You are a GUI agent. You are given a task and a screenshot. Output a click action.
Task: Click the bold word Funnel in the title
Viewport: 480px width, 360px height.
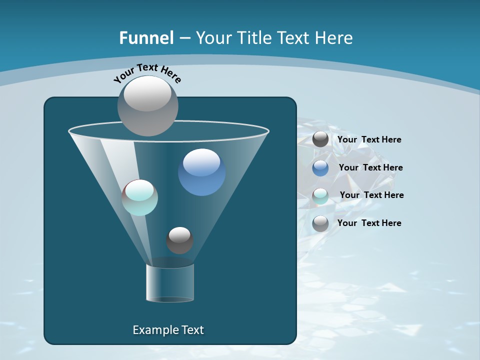[x=146, y=38]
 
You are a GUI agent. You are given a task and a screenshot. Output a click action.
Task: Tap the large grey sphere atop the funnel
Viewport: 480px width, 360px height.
[x=148, y=105]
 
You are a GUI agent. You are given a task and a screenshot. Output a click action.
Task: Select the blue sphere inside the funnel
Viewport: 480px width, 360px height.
[x=201, y=172]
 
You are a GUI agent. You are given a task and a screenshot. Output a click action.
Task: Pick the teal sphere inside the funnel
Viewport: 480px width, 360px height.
[x=140, y=197]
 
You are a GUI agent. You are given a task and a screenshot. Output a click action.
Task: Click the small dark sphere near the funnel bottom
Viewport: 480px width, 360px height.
[x=179, y=240]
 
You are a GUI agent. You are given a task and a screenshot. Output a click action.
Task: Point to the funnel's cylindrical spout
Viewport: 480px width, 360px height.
[x=170, y=282]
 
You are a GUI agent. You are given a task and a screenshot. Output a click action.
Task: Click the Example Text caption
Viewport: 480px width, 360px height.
[x=168, y=330]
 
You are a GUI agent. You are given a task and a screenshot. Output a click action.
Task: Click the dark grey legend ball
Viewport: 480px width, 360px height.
[x=320, y=139]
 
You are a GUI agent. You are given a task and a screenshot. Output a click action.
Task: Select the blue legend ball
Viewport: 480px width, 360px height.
[x=320, y=168]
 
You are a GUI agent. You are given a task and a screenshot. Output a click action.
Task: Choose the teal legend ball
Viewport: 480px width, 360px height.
[x=320, y=196]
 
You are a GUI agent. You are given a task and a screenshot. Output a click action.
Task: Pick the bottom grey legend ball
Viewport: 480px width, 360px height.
[x=320, y=223]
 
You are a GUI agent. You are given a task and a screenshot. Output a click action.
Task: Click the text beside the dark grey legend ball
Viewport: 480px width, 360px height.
[x=369, y=140]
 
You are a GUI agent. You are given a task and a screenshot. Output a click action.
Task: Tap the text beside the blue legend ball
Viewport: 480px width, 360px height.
[x=370, y=168]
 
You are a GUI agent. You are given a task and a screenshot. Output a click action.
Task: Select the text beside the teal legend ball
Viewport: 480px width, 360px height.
[x=371, y=195]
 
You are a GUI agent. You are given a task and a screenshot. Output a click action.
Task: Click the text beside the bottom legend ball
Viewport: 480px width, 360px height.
[x=369, y=223]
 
